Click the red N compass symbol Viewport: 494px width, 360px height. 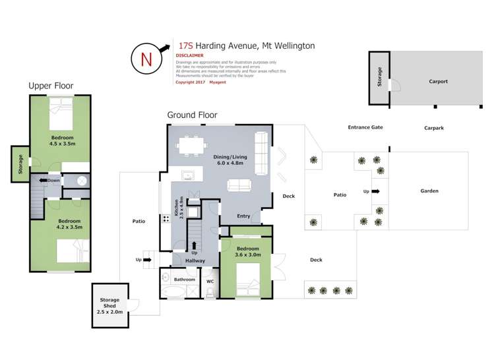pyautogui.click(x=146, y=57)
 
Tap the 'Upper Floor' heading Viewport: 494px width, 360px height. pyautogui.click(x=50, y=86)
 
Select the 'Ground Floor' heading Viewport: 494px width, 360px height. pyautogui.click(x=192, y=115)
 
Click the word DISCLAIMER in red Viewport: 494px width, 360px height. pyautogui.click(x=189, y=56)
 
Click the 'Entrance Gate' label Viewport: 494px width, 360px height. pyautogui.click(x=365, y=127)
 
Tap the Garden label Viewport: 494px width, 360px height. pyautogui.click(x=429, y=191)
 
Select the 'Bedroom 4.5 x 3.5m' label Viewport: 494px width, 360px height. pyautogui.click(x=63, y=140)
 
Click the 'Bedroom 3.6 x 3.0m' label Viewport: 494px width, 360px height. pyautogui.click(x=248, y=251)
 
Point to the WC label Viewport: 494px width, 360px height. pyautogui.click(x=210, y=282)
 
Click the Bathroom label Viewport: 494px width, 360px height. pyautogui.click(x=185, y=280)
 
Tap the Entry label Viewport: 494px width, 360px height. pyautogui.click(x=243, y=216)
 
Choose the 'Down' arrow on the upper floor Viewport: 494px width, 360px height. pyautogui.click(x=49, y=180)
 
